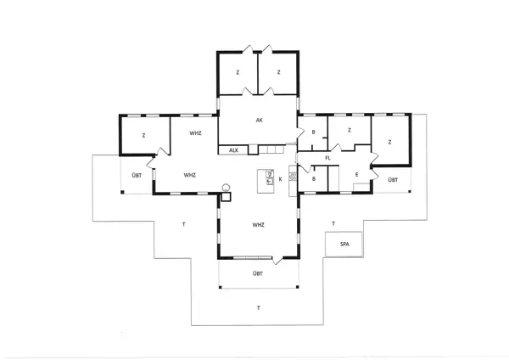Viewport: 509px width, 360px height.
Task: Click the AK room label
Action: pyautogui.click(x=259, y=121)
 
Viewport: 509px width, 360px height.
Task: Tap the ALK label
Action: pyautogui.click(x=232, y=150)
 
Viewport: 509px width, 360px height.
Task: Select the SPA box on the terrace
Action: pyautogui.click(x=344, y=244)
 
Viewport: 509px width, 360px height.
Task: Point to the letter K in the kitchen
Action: pyautogui.click(x=279, y=179)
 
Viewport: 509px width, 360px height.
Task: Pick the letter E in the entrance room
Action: pyautogui.click(x=356, y=175)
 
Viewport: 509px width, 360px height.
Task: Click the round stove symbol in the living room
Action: pyautogui.click(x=227, y=187)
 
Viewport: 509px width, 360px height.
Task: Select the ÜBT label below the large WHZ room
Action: pyautogui.click(x=257, y=273)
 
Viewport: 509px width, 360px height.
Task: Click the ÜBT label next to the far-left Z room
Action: pyautogui.click(x=136, y=175)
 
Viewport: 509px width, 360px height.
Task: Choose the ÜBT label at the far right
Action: pyautogui.click(x=392, y=180)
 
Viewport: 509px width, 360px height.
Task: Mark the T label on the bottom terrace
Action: pyautogui.click(x=258, y=307)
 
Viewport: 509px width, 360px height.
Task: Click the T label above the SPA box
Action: pyautogui.click(x=333, y=223)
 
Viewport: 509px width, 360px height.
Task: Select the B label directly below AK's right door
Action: pyautogui.click(x=313, y=132)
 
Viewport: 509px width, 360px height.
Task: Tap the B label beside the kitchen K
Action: pyautogui.click(x=313, y=179)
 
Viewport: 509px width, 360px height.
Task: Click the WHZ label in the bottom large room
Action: pyautogui.click(x=259, y=224)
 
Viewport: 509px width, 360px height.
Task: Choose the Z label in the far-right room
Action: pyautogui.click(x=389, y=142)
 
